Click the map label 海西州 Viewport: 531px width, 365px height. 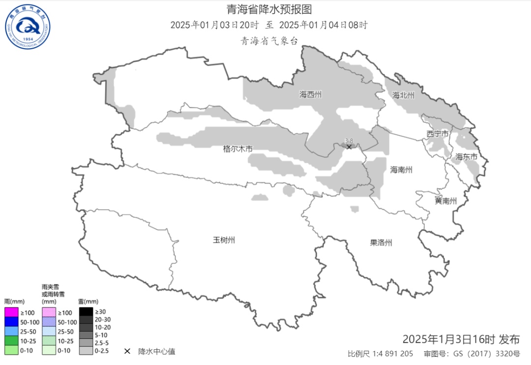[x=310, y=94]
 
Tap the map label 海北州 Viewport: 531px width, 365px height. [x=403, y=95]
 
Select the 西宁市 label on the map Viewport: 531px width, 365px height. [x=437, y=134]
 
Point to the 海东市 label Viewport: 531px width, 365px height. [x=466, y=157]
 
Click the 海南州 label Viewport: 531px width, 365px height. [x=401, y=170]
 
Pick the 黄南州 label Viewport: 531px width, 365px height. [x=445, y=201]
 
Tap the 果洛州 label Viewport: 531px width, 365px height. [x=381, y=243]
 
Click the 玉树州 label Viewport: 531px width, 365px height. [x=224, y=240]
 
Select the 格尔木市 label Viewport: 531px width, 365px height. [x=237, y=148]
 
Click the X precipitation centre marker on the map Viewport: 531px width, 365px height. [x=349, y=147]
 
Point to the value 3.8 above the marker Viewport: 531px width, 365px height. [x=349, y=141]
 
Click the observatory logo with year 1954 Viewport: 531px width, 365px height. [x=28, y=27]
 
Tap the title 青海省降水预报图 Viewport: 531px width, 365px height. [x=269, y=9]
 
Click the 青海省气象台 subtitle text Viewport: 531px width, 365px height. [x=269, y=41]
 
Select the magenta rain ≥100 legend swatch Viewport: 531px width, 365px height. [x=11, y=312]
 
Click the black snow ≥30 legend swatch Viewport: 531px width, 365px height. [x=86, y=311]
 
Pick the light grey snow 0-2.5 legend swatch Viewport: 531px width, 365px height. [x=86, y=351]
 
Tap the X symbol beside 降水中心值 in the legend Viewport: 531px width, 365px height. [x=127, y=351]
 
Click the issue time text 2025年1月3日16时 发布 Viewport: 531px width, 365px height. [x=461, y=339]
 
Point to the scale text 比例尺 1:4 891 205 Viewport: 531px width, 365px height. [x=380, y=354]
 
